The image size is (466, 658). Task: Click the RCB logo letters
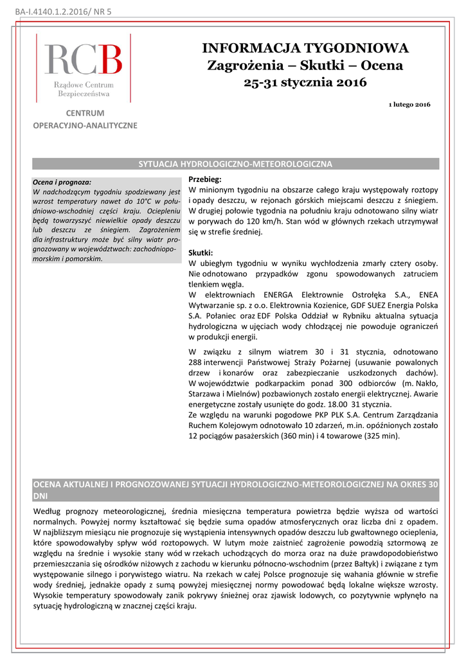pyautogui.click(x=83, y=60)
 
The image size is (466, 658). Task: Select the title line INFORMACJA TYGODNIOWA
pyautogui.click(x=305, y=48)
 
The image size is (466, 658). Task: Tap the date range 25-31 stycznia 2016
pyautogui.click(x=305, y=82)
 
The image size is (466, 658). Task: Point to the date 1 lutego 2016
pyautogui.click(x=410, y=104)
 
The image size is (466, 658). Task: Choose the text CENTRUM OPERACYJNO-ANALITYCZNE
pyautogui.click(x=85, y=120)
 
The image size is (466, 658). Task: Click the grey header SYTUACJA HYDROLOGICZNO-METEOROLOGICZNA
pyautogui.click(x=235, y=164)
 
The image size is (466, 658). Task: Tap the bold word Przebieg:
pyautogui.click(x=204, y=180)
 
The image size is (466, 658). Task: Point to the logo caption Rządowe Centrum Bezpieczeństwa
pyautogui.click(x=83, y=89)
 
